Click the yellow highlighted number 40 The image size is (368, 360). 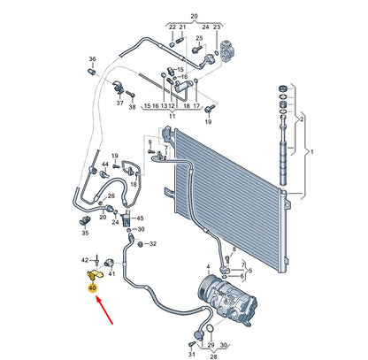pyautogui.click(x=91, y=287)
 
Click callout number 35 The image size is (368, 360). pyautogui.click(x=85, y=234)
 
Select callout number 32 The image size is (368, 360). pyautogui.click(x=152, y=243)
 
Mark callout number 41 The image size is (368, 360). pyautogui.click(x=112, y=274)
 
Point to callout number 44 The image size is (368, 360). pyautogui.click(x=104, y=165)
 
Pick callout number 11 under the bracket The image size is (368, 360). pyautogui.click(x=172, y=116)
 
